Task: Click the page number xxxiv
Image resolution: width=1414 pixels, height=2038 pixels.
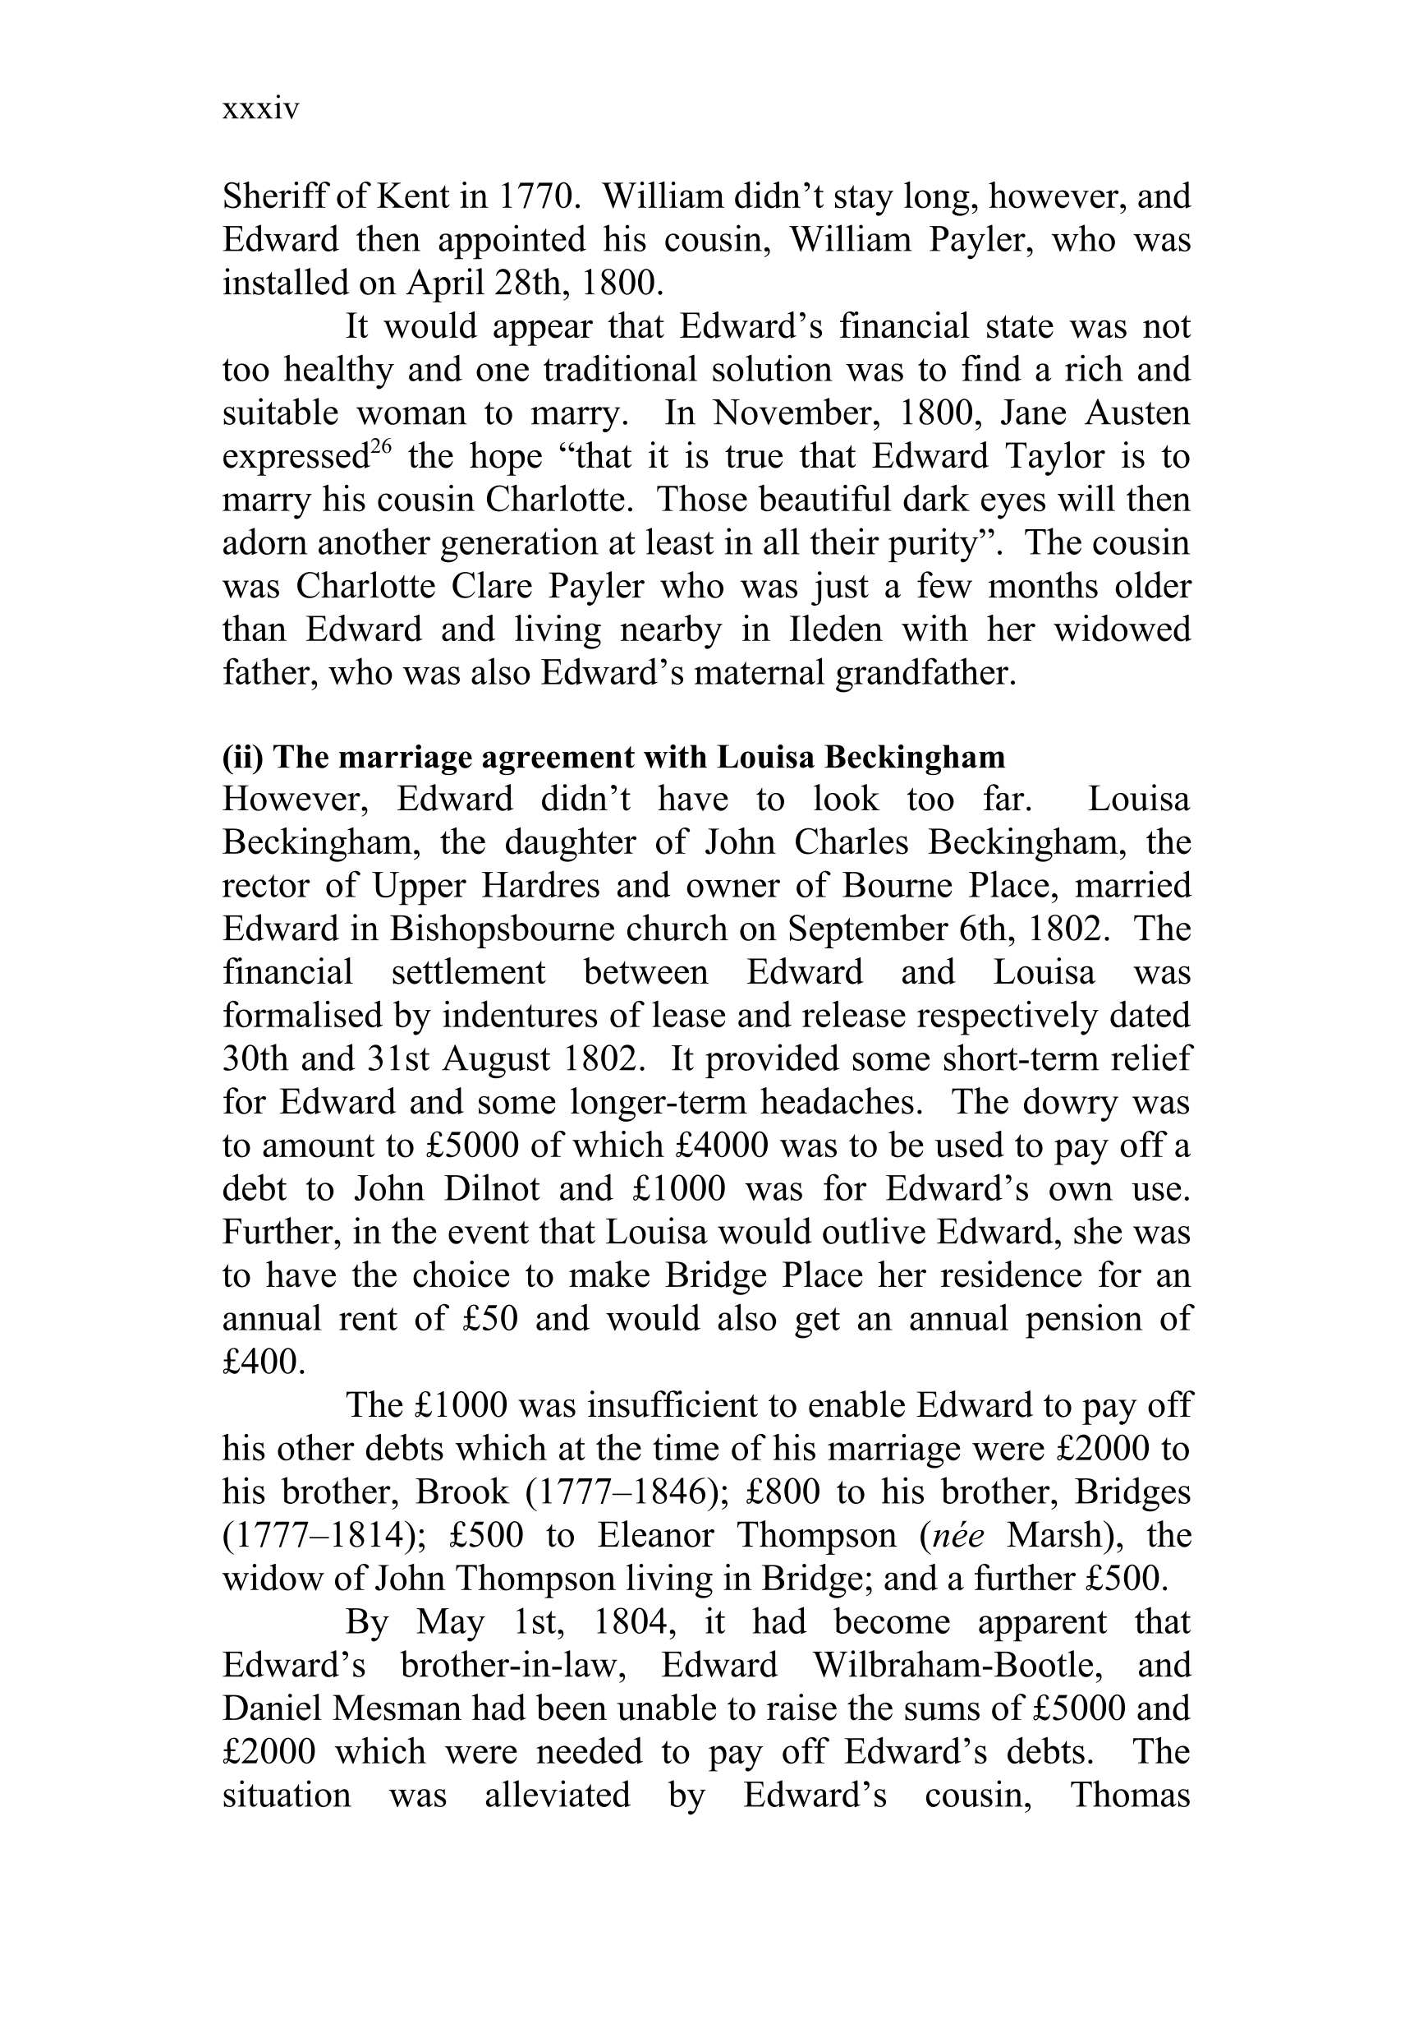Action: pos(260,110)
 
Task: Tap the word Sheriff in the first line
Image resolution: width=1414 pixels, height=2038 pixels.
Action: pos(277,196)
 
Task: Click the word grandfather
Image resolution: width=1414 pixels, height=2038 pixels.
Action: pos(922,673)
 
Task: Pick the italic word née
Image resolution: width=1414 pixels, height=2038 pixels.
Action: pos(959,1535)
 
